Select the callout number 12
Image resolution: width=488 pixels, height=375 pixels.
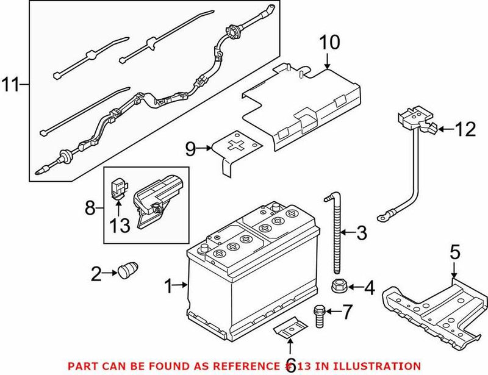465,129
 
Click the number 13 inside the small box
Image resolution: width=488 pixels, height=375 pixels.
120,226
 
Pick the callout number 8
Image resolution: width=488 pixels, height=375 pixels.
91,209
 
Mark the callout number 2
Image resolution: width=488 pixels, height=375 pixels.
96,274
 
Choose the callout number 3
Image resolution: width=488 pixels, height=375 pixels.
362,232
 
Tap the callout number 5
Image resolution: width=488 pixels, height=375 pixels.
454,251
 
